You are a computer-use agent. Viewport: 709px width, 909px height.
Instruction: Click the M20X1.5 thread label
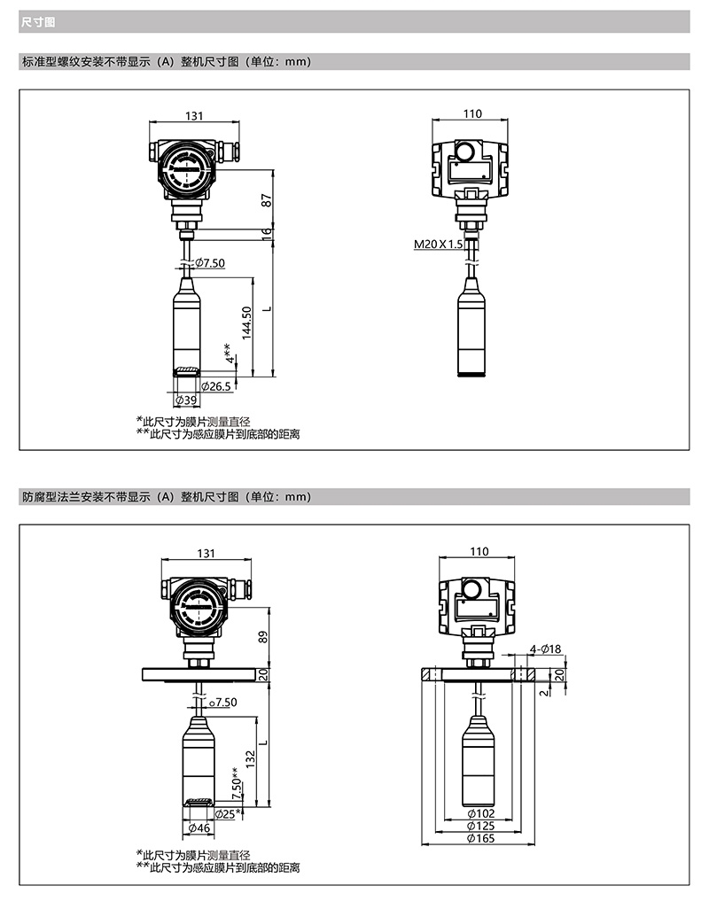click(x=439, y=244)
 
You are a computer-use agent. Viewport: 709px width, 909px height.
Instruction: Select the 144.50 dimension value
click(x=247, y=322)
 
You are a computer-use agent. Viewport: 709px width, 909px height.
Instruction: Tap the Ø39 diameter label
click(x=187, y=400)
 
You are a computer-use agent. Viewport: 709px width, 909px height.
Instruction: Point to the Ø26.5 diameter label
click(x=215, y=386)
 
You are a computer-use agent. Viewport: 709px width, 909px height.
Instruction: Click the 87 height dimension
click(x=266, y=200)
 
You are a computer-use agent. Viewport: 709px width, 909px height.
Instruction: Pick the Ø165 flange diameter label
click(x=481, y=838)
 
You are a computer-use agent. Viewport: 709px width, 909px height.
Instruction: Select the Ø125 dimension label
click(x=481, y=826)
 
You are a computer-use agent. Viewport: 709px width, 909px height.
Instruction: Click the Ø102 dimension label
click(x=481, y=814)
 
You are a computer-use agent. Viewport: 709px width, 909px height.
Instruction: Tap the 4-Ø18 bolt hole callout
click(x=546, y=649)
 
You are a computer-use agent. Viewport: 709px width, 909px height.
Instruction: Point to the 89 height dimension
click(x=263, y=636)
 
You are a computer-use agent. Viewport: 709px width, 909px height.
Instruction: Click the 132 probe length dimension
click(x=251, y=759)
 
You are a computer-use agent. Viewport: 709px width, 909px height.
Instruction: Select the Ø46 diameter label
click(x=199, y=828)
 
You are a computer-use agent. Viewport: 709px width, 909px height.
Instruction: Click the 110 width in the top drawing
click(x=472, y=113)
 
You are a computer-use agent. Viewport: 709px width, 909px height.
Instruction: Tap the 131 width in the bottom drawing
click(x=206, y=554)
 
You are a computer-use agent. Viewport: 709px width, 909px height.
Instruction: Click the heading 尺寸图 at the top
click(x=38, y=22)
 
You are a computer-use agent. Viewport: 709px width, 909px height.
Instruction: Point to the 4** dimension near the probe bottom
click(x=230, y=353)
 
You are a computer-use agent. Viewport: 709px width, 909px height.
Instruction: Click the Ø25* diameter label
click(x=228, y=814)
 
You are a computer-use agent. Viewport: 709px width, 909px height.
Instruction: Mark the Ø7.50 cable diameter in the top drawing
click(x=210, y=263)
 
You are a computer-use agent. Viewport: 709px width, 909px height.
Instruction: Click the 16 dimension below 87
click(x=266, y=234)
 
